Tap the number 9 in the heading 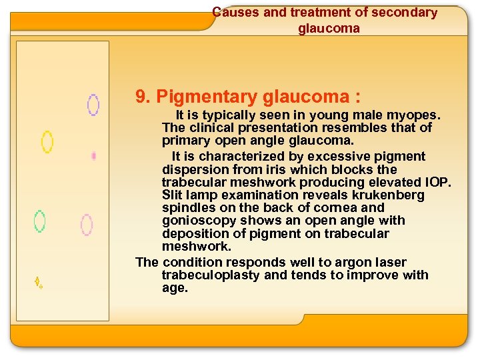[x=141, y=97]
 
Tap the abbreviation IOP [x=437, y=182]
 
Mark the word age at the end [x=175, y=288]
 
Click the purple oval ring [x=93, y=105]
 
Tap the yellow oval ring [x=47, y=141]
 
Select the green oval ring [x=40, y=221]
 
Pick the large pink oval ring [x=87, y=225]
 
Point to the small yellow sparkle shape [x=39, y=283]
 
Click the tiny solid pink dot [x=94, y=156]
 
